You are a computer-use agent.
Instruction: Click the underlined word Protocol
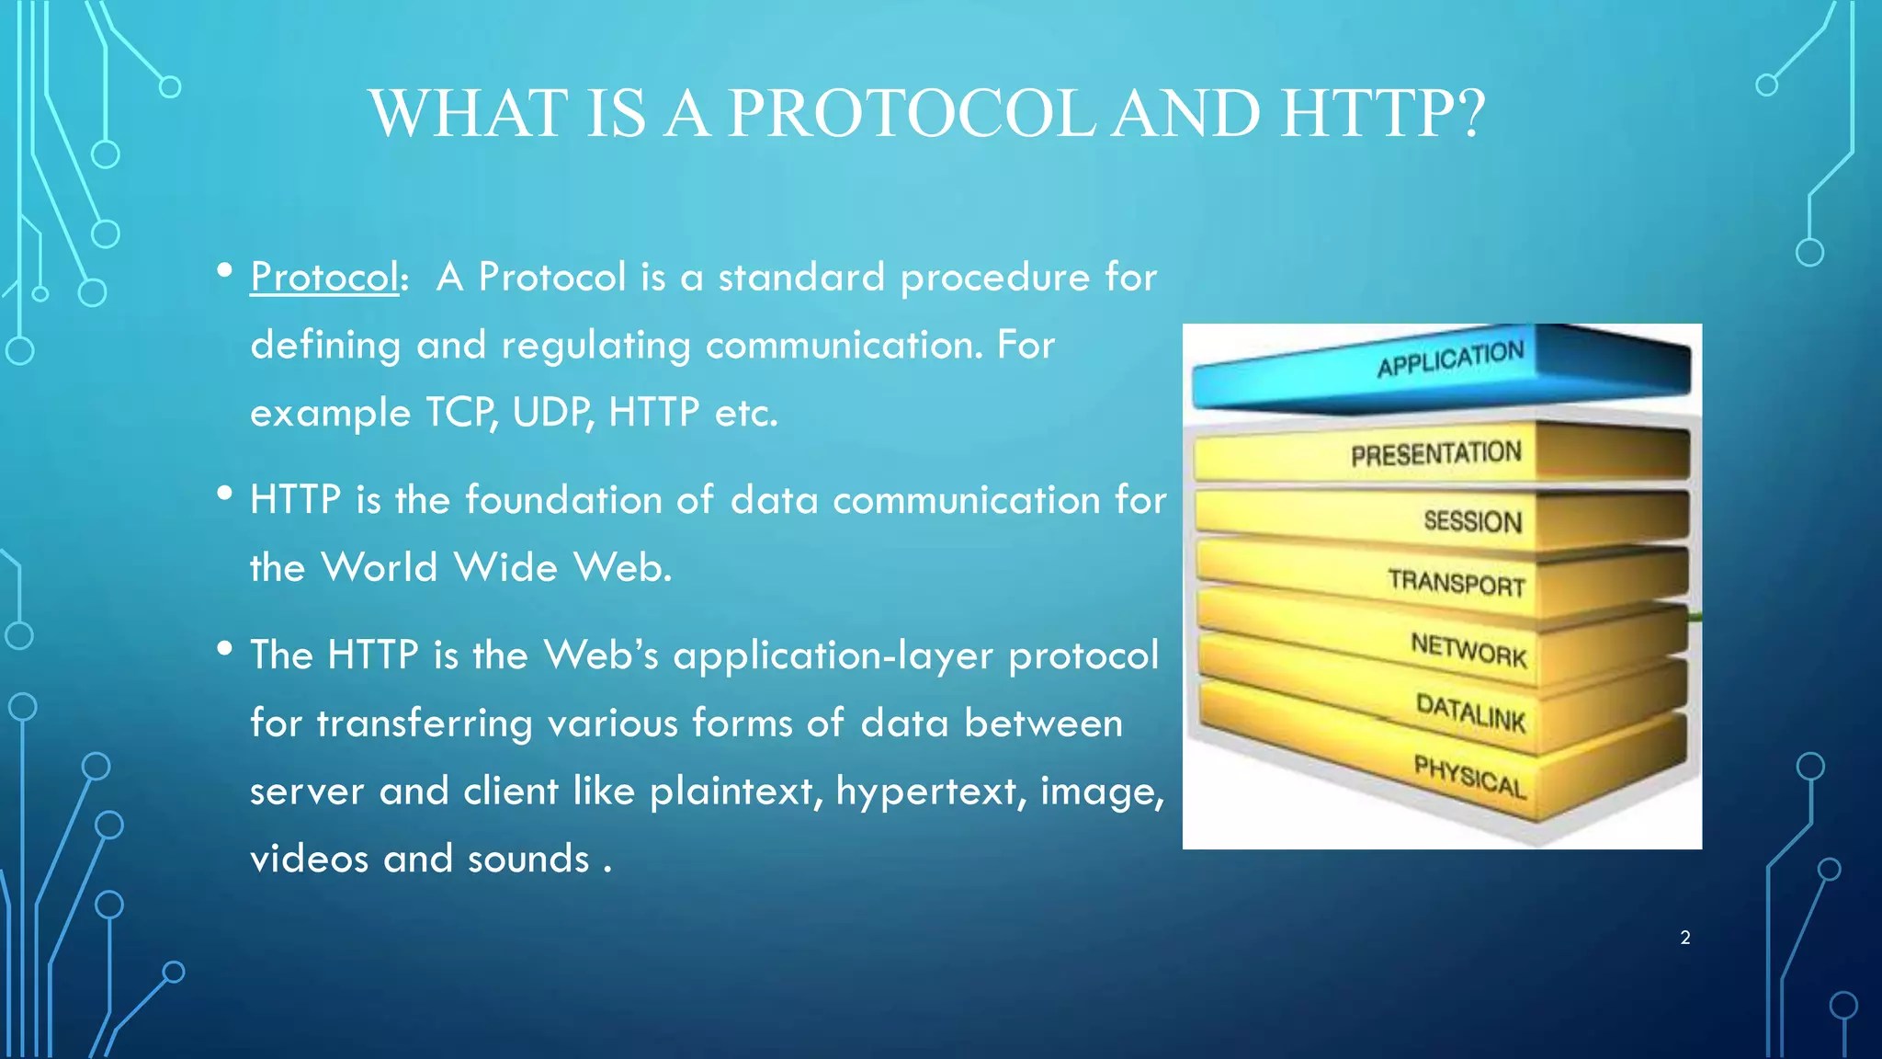click(324, 278)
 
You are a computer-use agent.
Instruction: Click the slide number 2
click(1684, 938)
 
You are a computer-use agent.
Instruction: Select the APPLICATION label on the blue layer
click(1450, 359)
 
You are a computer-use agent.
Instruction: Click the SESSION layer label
click(1472, 521)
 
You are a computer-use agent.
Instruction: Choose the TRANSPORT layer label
click(1457, 583)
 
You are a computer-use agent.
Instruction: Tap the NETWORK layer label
click(1468, 650)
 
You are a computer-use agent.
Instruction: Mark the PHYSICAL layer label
click(1469, 778)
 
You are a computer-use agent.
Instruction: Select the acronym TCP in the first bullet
click(462, 413)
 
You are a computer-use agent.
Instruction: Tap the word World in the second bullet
click(380, 567)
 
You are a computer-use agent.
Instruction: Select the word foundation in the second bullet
click(563, 500)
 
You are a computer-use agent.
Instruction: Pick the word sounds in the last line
click(527, 860)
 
